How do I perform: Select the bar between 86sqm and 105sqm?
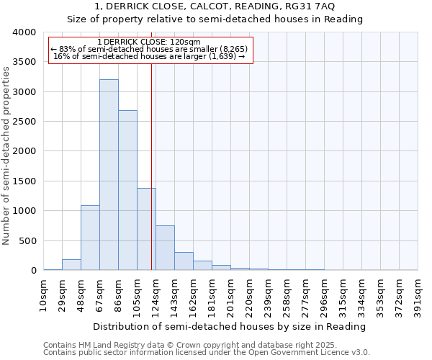tap(127, 190)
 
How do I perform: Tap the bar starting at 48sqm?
tap(90, 238)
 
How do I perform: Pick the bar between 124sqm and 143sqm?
tap(165, 248)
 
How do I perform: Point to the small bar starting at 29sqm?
tap(71, 265)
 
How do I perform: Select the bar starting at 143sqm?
tap(184, 261)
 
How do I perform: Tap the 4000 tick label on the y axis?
tap(24, 32)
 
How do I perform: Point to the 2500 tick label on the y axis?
tap(24, 122)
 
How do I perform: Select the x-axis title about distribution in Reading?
tap(230, 326)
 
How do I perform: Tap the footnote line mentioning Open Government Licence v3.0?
tap(207, 353)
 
